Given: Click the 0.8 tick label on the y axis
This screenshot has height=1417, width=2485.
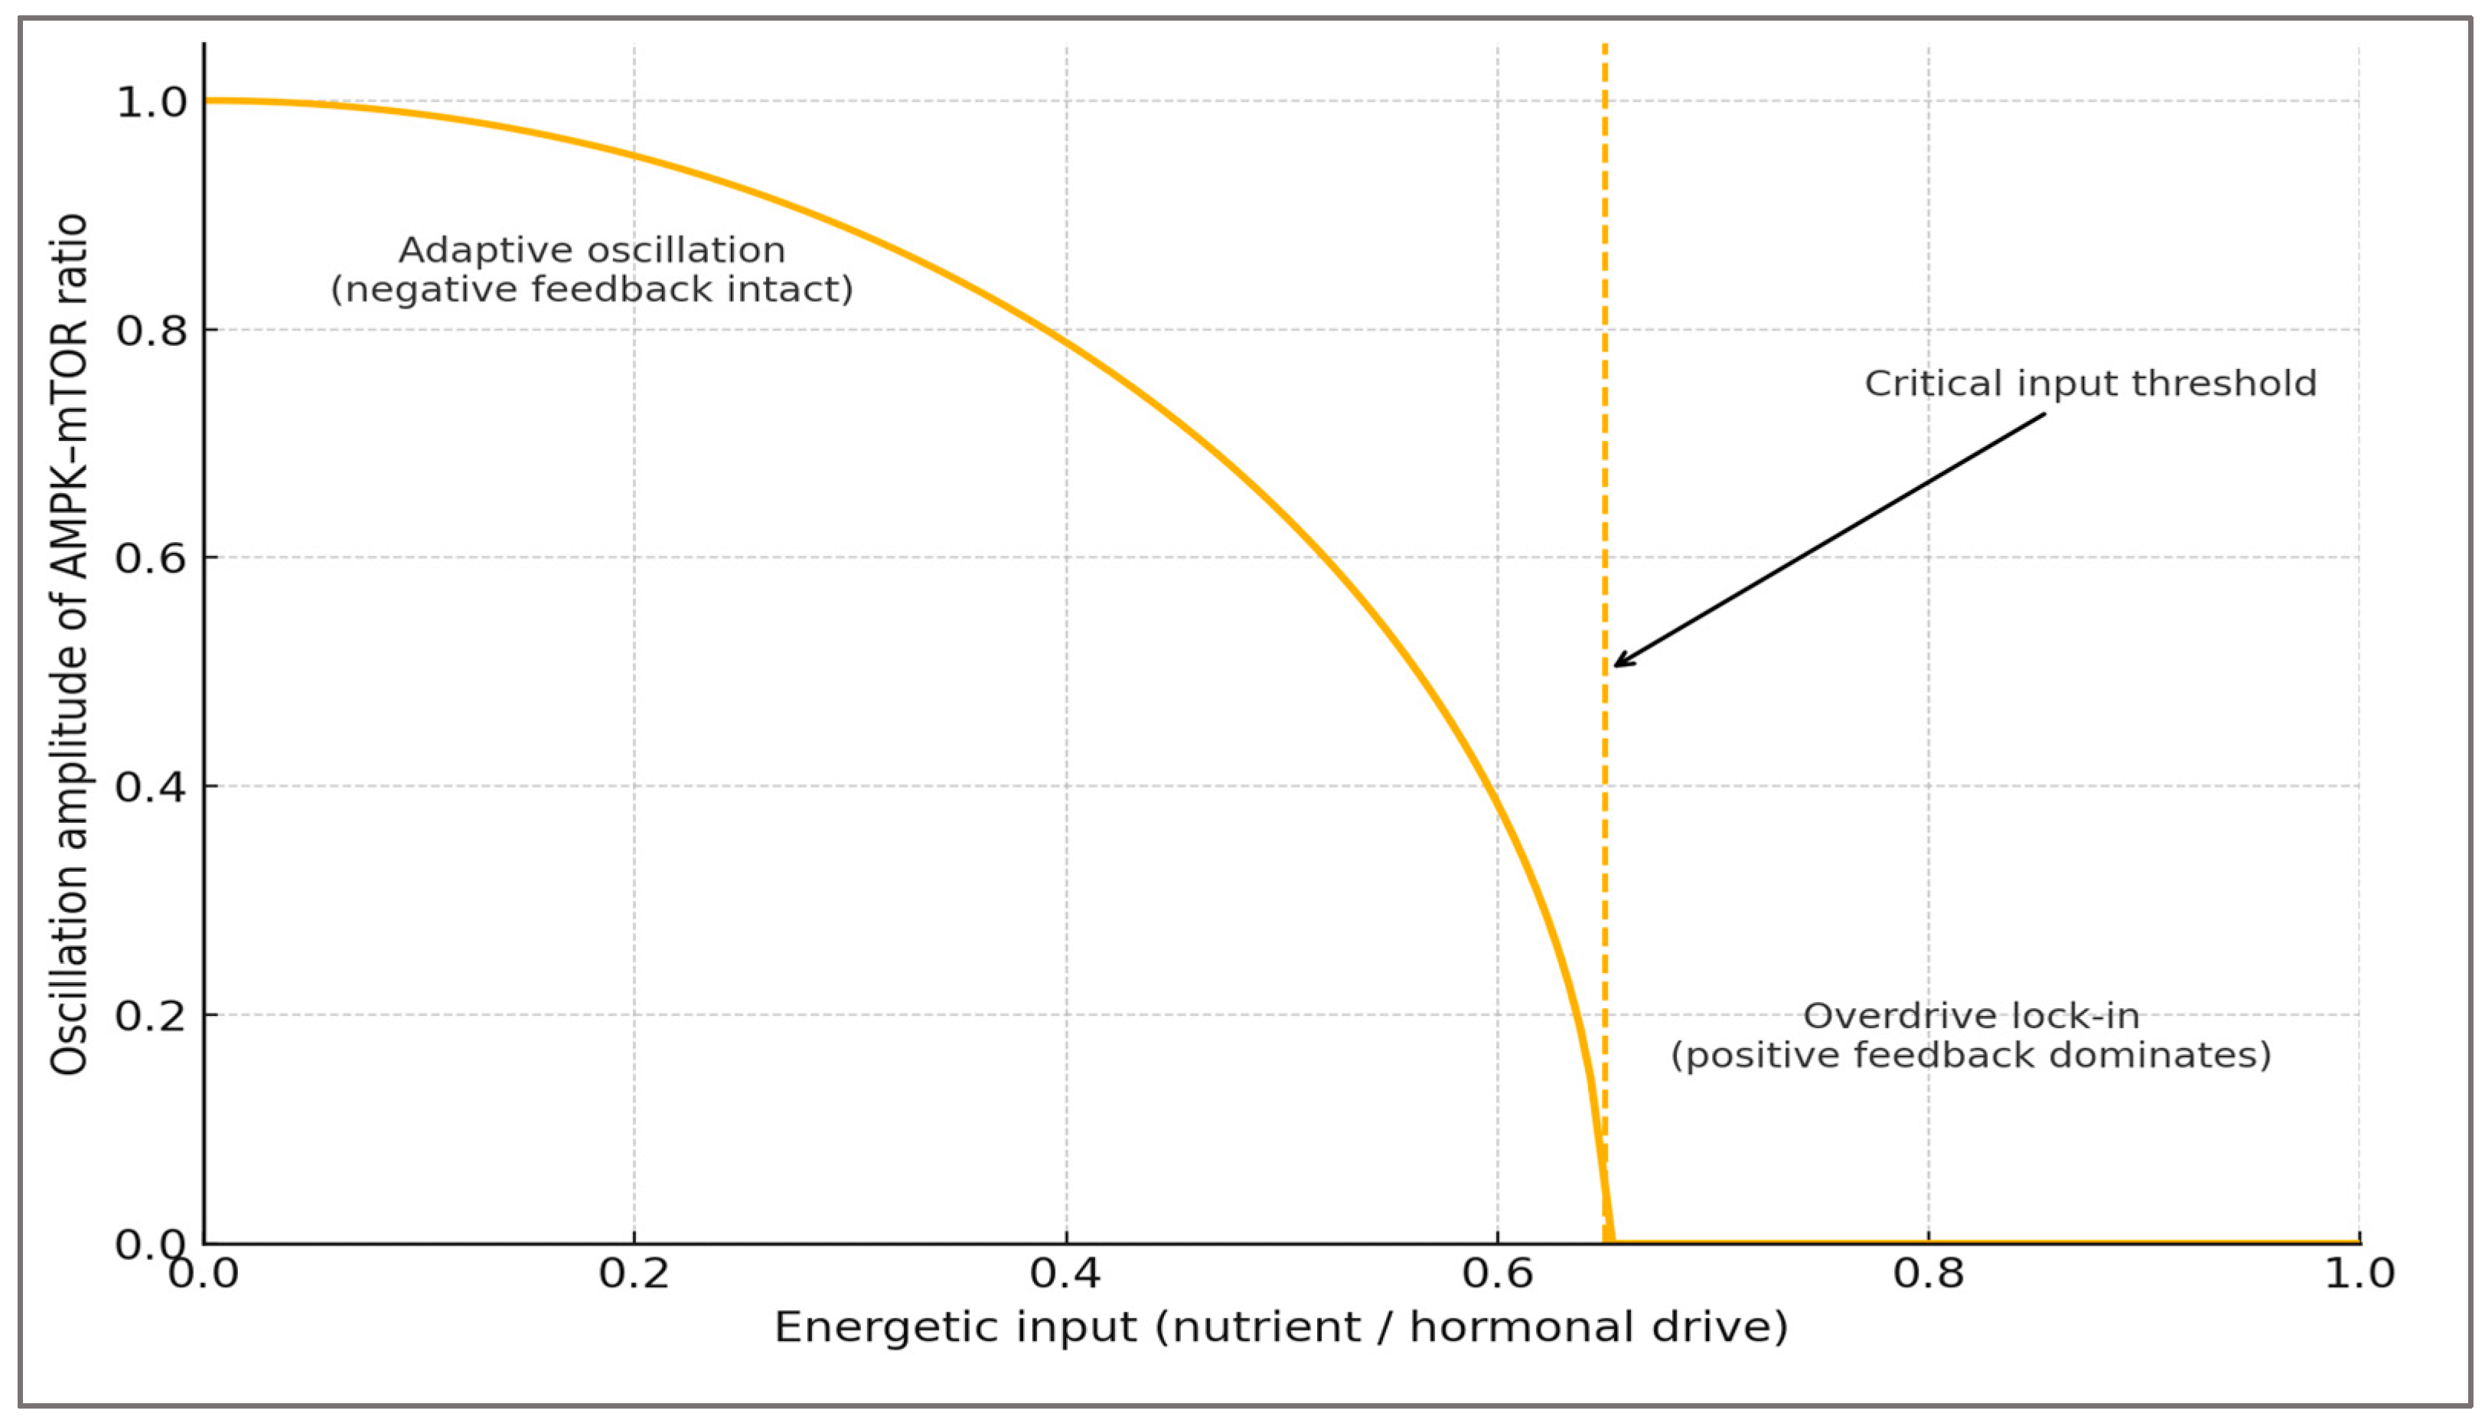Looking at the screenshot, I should click(x=151, y=331).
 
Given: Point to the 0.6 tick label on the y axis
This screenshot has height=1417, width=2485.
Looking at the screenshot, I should click(x=151, y=559).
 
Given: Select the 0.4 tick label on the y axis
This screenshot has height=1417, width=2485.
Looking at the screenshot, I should click(x=151, y=786).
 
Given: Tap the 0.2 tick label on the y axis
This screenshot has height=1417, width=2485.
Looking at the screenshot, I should click(x=151, y=1015).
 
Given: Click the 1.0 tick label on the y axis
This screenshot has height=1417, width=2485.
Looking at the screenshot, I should click(x=151, y=102).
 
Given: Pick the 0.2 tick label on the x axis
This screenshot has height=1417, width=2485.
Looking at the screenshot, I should click(x=634, y=1274).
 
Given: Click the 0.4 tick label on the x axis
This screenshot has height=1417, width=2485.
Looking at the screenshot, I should click(x=1065, y=1274).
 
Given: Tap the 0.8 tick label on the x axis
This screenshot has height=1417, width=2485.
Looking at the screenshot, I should click(x=1929, y=1274).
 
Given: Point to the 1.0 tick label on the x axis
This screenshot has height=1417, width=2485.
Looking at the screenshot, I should click(x=2359, y=1274).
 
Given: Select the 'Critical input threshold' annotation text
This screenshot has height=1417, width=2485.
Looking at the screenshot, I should click(x=2090, y=384).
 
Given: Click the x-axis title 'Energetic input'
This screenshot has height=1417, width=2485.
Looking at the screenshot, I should click(x=954, y=1327).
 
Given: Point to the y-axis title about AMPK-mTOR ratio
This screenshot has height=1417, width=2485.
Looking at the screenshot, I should click(x=70, y=642).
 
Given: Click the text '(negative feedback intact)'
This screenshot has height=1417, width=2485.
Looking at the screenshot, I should click(x=592, y=290).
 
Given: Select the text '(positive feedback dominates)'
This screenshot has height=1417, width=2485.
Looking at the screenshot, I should click(x=1970, y=1056).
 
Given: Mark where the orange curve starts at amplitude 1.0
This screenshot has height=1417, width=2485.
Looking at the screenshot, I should click(x=207, y=100).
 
